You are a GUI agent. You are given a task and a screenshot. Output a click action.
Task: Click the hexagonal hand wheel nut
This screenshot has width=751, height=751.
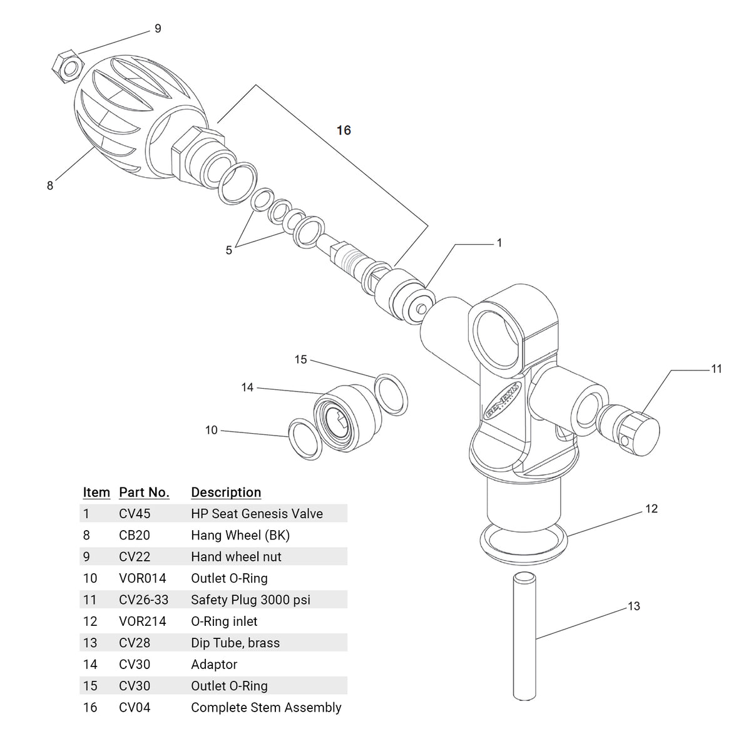coord(68,66)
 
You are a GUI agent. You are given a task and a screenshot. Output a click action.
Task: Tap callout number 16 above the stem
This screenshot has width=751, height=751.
coord(344,130)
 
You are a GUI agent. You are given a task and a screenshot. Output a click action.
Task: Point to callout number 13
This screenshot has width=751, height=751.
coord(634,606)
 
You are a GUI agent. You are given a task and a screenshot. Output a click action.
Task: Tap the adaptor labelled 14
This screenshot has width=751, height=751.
coord(347,418)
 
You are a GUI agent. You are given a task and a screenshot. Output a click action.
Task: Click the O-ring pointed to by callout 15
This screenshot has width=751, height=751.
coord(391,395)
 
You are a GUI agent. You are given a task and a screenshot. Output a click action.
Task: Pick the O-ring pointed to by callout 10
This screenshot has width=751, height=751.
coord(305,439)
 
